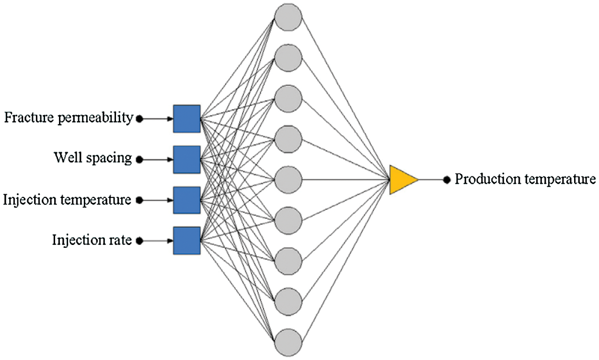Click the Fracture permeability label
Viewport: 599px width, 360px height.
click(x=69, y=118)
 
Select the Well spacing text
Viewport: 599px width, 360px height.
click(x=92, y=158)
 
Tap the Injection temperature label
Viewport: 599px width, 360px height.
click(x=67, y=199)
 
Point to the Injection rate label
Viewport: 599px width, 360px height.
click(x=92, y=240)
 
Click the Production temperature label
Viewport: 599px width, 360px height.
click(x=525, y=179)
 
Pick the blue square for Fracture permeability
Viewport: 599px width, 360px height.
click(x=187, y=119)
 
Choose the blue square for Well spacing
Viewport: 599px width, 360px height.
click(x=187, y=160)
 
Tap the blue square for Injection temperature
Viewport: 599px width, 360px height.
click(x=187, y=200)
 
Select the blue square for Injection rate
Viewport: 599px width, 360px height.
click(x=187, y=241)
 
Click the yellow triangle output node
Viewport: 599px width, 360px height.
click(x=402, y=180)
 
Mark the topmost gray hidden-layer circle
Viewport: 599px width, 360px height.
click(x=288, y=16)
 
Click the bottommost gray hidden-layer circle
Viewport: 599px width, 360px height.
click(x=288, y=342)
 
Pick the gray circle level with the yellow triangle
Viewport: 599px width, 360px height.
click(x=288, y=180)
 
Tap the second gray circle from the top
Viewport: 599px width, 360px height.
click(x=288, y=57)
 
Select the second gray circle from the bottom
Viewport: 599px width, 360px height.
click(x=288, y=302)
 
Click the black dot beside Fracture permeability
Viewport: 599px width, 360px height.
click(x=139, y=119)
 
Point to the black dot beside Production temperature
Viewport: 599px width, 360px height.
click(x=447, y=180)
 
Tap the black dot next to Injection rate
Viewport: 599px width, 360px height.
click(x=139, y=241)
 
